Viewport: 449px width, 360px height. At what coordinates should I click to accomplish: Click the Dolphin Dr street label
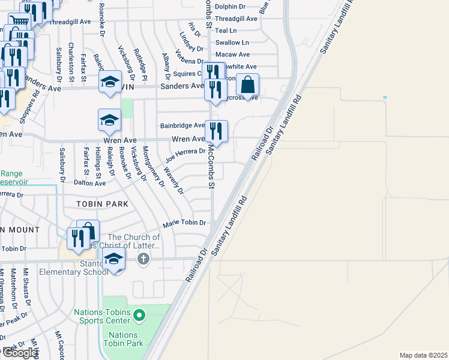coord(230,7)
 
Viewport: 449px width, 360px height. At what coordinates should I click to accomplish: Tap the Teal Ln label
coord(226,30)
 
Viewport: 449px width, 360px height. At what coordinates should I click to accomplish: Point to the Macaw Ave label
coord(232,55)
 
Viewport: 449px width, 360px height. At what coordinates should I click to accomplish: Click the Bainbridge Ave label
coord(182,126)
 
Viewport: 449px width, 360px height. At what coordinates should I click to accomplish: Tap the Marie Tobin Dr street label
coord(185,223)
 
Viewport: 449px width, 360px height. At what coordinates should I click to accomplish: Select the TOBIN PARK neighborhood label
coord(103,204)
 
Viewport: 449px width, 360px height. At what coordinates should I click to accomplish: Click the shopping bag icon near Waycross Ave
coord(247,85)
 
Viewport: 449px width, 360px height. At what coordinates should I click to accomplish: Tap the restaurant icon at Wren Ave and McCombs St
coord(217,131)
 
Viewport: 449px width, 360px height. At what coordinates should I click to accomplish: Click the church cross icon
coord(143,259)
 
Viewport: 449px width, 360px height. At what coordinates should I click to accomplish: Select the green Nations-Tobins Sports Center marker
coord(139,314)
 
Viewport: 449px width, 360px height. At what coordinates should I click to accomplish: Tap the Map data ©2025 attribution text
coord(423,355)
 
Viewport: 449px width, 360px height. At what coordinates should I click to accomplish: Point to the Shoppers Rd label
coord(28,106)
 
